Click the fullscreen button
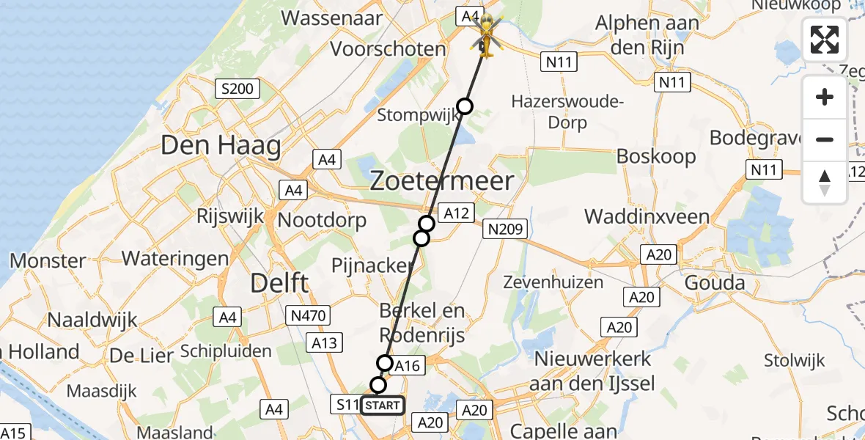coord(825,40)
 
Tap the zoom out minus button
coord(825,139)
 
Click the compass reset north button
coord(825,183)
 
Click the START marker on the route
coord(382,405)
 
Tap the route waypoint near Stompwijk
coord(465,106)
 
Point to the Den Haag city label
coord(221,145)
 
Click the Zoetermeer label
coord(441,180)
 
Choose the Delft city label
coord(279,282)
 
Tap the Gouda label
coord(715,282)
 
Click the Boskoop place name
coord(655,156)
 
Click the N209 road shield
coord(504,230)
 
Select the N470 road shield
coord(308,316)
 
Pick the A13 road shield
coord(324,342)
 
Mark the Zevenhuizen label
coord(554,282)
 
